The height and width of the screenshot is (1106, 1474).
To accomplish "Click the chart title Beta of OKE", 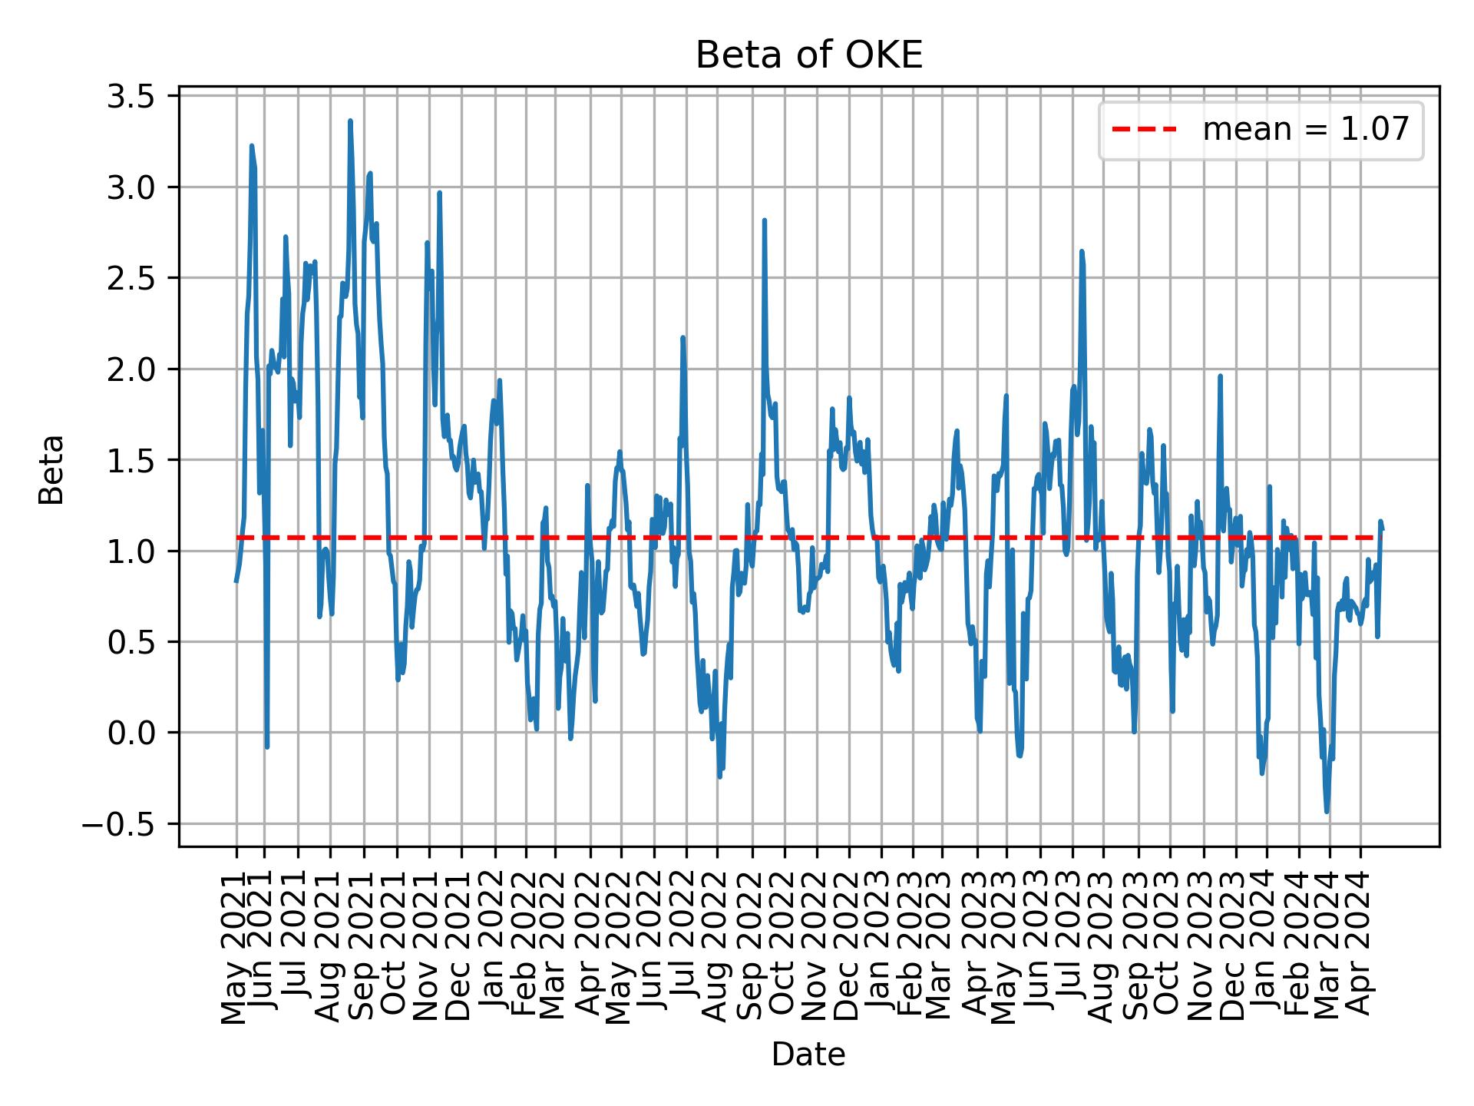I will tap(808, 55).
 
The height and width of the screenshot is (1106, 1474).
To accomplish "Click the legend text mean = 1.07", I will tap(1305, 130).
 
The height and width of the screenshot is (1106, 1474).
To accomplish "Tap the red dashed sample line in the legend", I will tap(1144, 130).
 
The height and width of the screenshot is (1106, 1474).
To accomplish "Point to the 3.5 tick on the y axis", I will tap(132, 96).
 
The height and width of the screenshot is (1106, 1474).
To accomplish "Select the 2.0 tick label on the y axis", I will tap(132, 369).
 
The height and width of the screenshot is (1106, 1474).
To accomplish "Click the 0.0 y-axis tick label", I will tap(132, 733).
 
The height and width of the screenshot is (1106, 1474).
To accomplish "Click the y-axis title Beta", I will tap(51, 469).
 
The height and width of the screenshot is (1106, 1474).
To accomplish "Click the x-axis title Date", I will tap(808, 1055).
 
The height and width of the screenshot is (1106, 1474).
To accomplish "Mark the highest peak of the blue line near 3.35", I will tap(350, 121).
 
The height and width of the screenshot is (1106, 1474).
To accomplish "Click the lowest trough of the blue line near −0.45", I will tap(1327, 811).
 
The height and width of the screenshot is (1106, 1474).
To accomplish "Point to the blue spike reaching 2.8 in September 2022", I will tap(765, 221).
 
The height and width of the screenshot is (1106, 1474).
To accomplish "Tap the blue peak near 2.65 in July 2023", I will tap(1082, 252).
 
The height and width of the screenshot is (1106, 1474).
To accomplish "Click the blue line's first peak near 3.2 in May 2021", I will tap(252, 146).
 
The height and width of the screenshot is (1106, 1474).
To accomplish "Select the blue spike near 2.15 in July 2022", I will tap(682, 338).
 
